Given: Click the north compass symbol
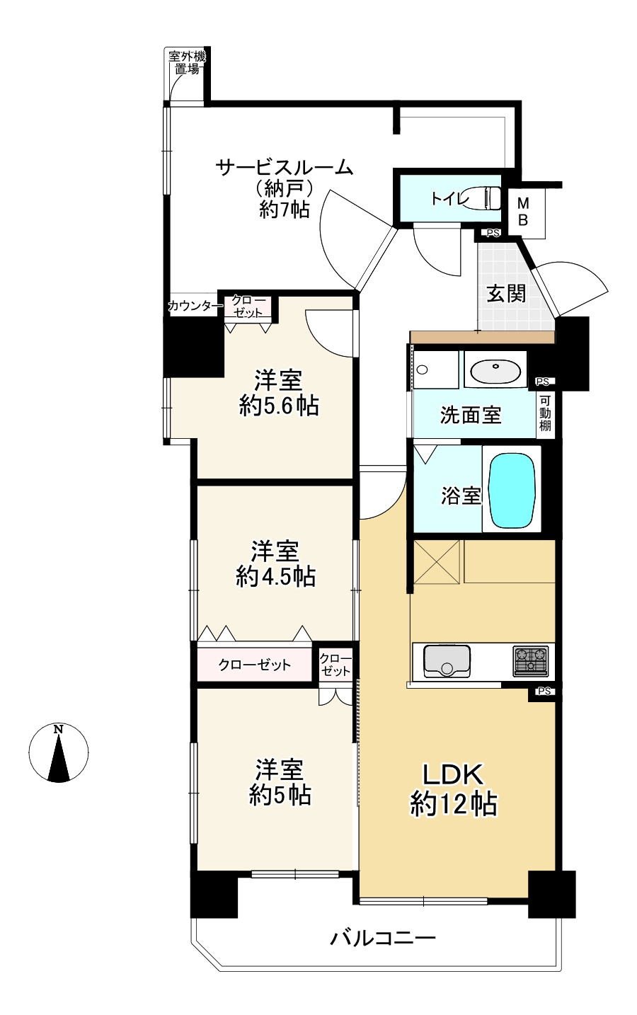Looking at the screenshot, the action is (x=59, y=752).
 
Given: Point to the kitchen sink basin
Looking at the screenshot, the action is (x=447, y=661).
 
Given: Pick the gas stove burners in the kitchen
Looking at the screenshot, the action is (x=530, y=661).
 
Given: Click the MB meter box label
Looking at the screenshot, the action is (x=523, y=211).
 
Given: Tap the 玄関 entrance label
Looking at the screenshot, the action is (x=507, y=294).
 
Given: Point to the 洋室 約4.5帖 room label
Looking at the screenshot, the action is (x=275, y=563).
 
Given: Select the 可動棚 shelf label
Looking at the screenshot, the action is (x=545, y=413).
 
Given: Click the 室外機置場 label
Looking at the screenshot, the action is (x=187, y=63).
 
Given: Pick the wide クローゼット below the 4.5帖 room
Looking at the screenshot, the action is (x=254, y=665).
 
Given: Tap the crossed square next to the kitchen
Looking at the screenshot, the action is (x=437, y=561).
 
